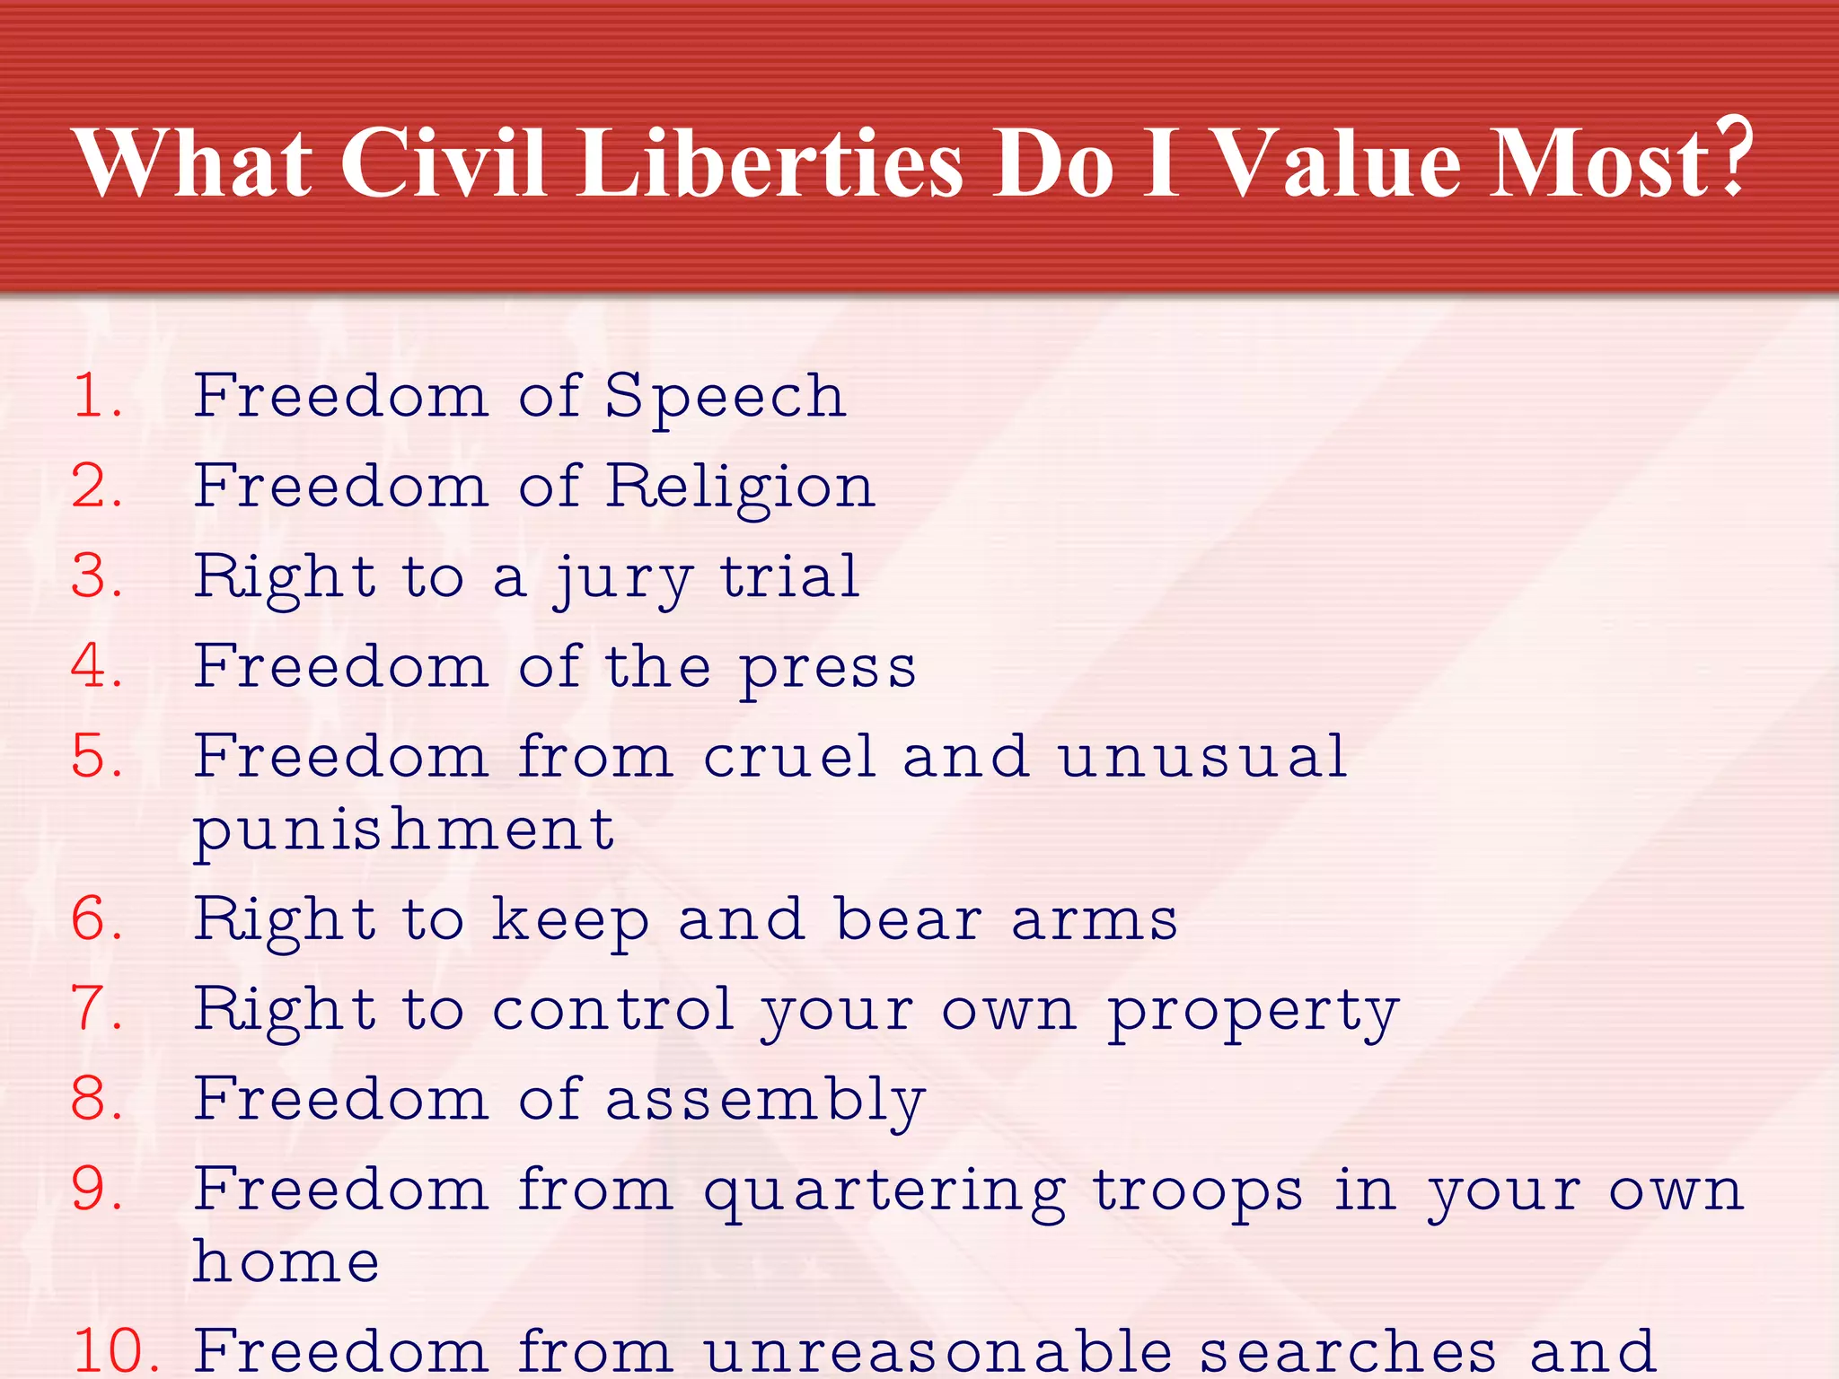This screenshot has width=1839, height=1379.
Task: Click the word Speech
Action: [726, 396]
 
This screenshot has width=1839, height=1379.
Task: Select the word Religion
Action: [740, 487]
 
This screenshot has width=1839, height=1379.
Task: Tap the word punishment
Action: [404, 830]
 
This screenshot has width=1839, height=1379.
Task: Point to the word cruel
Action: [788, 756]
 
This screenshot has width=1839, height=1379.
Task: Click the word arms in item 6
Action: [1094, 920]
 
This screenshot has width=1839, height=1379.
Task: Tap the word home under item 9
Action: [286, 1261]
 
